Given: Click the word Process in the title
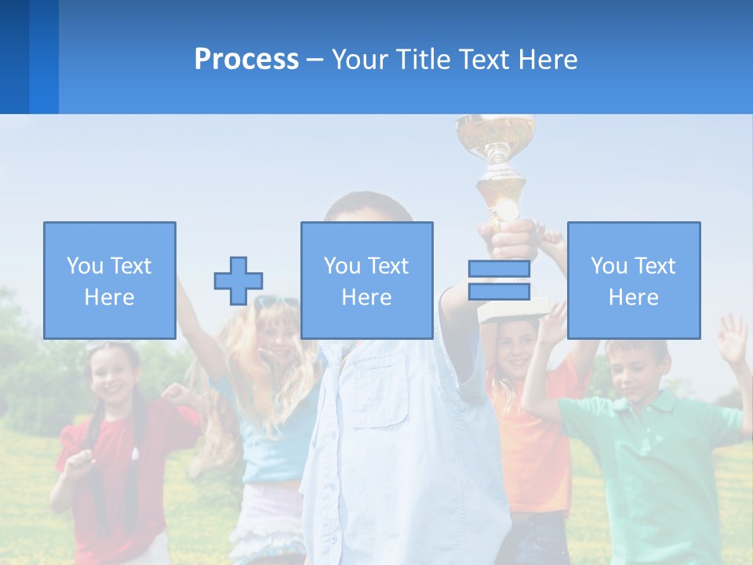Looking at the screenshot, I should tap(246, 60).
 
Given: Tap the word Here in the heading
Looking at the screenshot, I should tap(546, 60).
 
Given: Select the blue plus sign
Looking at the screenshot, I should tap(238, 281).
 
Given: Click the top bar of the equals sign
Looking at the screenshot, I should tap(499, 269).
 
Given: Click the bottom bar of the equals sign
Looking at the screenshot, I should tap(499, 291).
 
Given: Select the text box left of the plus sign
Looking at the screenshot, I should tap(110, 280).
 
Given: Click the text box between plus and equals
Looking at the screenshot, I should tap(366, 280).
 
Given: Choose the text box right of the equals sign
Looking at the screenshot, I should tap(633, 280).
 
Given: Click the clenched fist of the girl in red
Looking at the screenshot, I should tap(175, 393).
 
